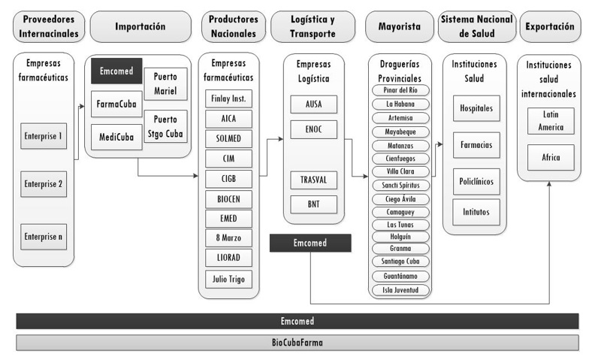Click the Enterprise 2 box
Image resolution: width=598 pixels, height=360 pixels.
(x=43, y=183)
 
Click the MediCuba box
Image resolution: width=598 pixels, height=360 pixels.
(x=115, y=137)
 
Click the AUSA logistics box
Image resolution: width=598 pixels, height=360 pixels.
(x=313, y=104)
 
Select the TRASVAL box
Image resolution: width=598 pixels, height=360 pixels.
(x=313, y=180)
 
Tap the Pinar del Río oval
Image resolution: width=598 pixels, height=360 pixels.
(x=400, y=90)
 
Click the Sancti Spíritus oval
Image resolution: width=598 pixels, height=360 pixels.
(x=400, y=185)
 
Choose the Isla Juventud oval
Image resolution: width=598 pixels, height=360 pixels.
(x=400, y=289)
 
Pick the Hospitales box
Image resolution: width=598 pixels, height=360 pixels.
(x=476, y=109)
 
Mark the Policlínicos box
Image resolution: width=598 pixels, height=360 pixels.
(x=476, y=182)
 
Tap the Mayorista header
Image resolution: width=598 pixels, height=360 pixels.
(x=397, y=26)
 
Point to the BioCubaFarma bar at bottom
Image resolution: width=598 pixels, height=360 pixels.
(x=297, y=343)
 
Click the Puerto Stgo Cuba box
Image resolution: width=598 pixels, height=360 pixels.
(x=165, y=126)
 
